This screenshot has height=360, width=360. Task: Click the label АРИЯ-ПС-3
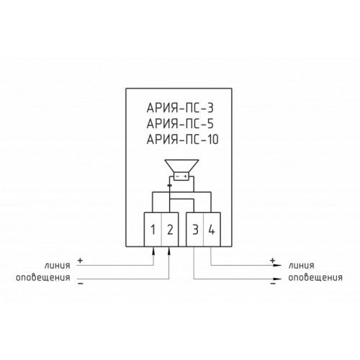[180, 108]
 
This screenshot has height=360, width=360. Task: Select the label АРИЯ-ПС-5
[180, 124]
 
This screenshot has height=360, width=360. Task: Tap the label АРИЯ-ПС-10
[182, 140]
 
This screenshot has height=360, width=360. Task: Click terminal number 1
[153, 230]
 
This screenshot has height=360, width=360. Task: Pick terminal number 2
[170, 230]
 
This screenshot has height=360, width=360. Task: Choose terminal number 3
[196, 230]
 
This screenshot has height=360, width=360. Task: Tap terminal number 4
[212, 230]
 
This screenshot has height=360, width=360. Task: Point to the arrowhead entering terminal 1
[153, 251]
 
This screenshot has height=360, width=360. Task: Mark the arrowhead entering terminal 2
[169, 251]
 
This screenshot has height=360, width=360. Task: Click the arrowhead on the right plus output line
[278, 265]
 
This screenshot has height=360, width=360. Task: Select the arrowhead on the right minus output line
[278, 279]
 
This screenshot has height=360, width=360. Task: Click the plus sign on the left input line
[80, 261]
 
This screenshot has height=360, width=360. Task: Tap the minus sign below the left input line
[81, 284]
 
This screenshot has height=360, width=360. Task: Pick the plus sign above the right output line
[272, 260]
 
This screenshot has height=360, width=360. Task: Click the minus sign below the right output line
[273, 284]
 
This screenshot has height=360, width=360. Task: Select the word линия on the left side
[57, 266]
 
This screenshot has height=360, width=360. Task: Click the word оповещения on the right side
[315, 278]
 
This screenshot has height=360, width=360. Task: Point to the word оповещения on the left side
[43, 278]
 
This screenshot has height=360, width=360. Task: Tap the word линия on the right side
[301, 266]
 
